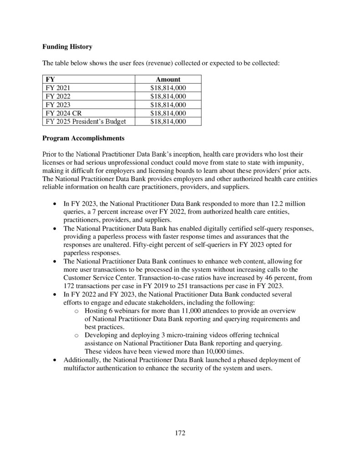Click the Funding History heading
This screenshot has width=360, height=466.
67,46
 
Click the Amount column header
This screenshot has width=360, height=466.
168,79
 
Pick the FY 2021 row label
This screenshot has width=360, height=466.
58,88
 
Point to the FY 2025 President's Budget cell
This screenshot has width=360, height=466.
86,121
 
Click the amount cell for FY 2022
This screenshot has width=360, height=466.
168,96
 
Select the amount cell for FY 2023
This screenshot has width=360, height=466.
168,105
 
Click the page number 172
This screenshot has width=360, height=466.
180,433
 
